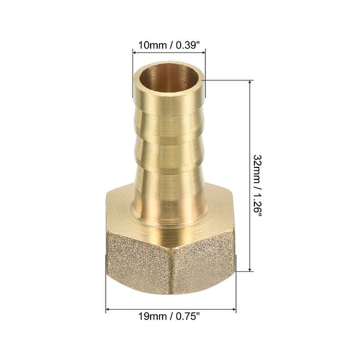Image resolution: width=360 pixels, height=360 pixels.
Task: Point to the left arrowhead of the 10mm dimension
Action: click(133, 52)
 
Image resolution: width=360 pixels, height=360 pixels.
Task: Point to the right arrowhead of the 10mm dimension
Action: click(204, 52)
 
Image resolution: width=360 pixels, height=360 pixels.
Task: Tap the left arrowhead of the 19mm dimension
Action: click(108, 310)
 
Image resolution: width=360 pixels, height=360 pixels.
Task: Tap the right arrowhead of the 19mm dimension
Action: click(234, 310)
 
